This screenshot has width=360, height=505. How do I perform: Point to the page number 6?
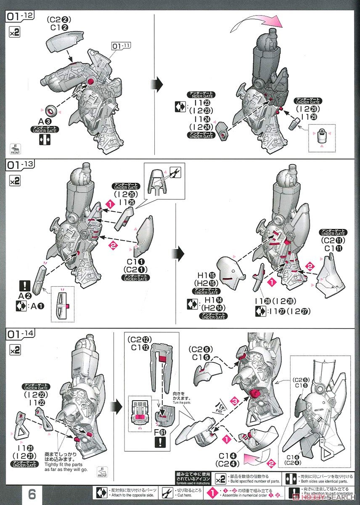32,494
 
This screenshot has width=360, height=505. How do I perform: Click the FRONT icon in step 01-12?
14,150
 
